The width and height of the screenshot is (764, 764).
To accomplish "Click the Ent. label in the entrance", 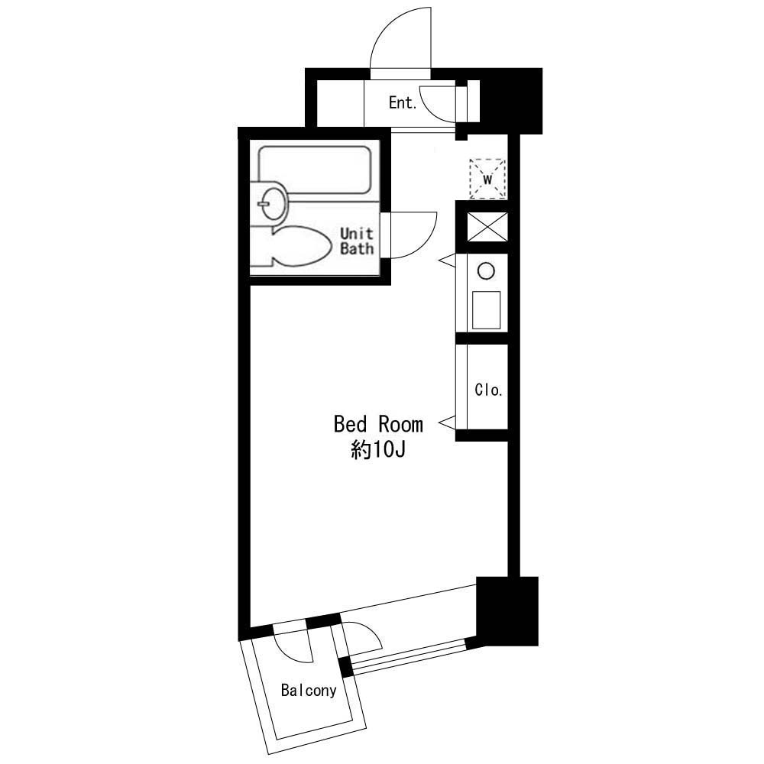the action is click(403, 103).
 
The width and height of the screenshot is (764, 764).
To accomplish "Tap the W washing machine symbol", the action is click(487, 178).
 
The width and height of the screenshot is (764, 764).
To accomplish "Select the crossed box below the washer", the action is click(487, 227).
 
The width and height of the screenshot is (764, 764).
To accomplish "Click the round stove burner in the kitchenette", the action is click(486, 270).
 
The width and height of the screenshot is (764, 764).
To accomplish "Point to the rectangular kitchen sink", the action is click(486, 310).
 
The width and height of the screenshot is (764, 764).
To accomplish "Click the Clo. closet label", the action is click(488, 390).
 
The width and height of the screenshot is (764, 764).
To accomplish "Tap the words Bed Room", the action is click(378, 424).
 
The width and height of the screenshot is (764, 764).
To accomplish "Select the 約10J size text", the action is click(378, 450).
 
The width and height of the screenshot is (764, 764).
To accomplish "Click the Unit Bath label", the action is click(357, 241).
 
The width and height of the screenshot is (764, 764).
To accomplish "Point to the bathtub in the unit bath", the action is click(315, 169).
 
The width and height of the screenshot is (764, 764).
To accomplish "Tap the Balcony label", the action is click(309, 690).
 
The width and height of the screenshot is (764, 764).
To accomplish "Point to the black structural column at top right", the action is click(512, 101).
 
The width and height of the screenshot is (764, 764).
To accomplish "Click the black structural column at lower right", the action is click(507, 611).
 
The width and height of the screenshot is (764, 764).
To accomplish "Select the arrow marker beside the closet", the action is click(447, 423).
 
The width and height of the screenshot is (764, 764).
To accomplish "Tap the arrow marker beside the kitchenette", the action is click(447, 261).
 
